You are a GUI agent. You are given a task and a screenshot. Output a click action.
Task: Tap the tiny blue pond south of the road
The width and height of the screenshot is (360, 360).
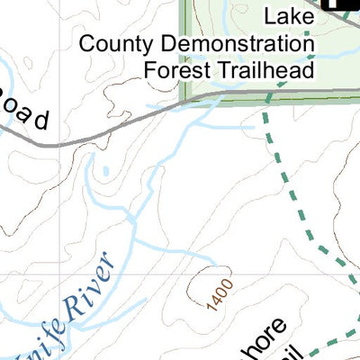(x=106, y=170)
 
